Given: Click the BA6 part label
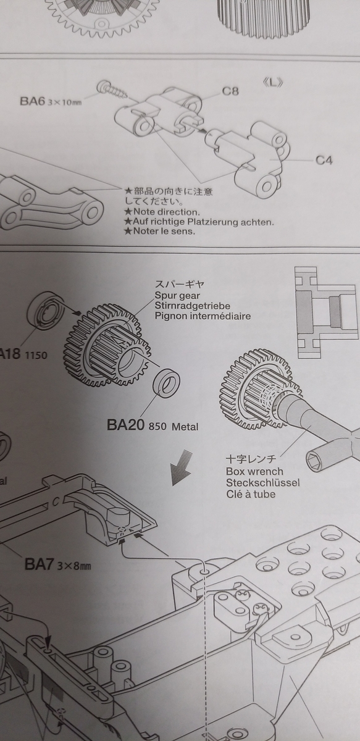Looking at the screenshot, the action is click(31, 101).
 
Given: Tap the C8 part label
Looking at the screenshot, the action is click(230, 91).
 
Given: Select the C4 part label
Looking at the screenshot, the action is click(324, 161).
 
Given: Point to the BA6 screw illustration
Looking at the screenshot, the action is click(112, 89).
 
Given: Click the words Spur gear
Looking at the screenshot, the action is click(177, 296).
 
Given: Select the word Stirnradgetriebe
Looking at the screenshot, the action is click(192, 306).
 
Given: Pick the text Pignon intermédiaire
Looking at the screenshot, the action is click(203, 316).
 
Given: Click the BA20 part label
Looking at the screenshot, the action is click(125, 425).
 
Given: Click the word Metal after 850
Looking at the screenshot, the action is click(185, 427).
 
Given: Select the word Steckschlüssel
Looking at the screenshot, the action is click(262, 482).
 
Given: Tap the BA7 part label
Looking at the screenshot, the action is click(39, 564).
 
